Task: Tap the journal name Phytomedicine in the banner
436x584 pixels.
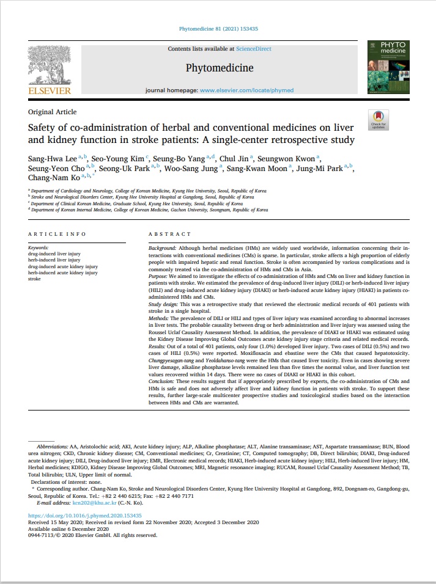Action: click(x=219, y=67)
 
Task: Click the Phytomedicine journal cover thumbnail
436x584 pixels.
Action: click(x=388, y=68)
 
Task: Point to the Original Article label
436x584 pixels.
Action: click(x=53, y=112)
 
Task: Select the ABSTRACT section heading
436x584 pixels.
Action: click(x=168, y=234)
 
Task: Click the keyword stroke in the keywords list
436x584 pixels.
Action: click(x=35, y=279)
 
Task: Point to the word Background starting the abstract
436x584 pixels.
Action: click(x=162, y=249)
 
